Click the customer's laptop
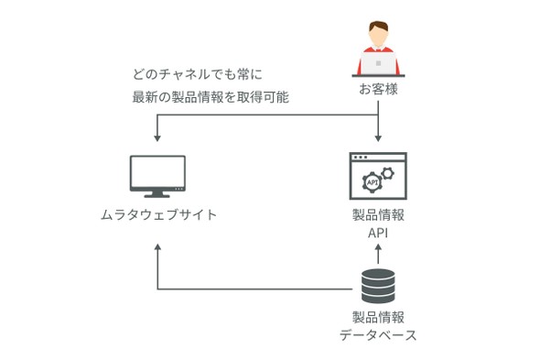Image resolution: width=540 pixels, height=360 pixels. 378,63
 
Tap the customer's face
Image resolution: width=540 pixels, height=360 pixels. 378,36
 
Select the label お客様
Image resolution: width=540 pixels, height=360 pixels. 378,89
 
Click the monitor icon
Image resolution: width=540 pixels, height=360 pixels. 157,176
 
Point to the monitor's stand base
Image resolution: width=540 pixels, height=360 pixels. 157,196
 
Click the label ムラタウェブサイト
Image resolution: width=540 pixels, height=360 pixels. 158,214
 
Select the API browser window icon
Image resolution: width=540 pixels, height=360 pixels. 378,176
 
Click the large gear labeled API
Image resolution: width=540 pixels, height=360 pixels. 372,182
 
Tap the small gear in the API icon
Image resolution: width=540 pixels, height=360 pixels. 388,173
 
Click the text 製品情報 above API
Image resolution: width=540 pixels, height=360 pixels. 378,215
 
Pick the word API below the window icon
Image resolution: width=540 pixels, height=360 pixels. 378,234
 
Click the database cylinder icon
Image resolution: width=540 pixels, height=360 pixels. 378,286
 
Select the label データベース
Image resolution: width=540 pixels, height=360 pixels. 378,335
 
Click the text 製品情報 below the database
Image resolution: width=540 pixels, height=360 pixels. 378,317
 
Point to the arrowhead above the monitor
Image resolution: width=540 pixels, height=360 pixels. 157,137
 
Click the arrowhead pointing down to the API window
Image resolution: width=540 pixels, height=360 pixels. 378,137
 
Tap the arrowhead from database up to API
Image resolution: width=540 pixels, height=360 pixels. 378,248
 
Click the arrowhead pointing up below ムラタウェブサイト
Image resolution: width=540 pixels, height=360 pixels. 157,248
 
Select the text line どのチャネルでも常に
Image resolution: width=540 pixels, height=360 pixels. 197,74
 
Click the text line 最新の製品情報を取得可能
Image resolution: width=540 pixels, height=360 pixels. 211,97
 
